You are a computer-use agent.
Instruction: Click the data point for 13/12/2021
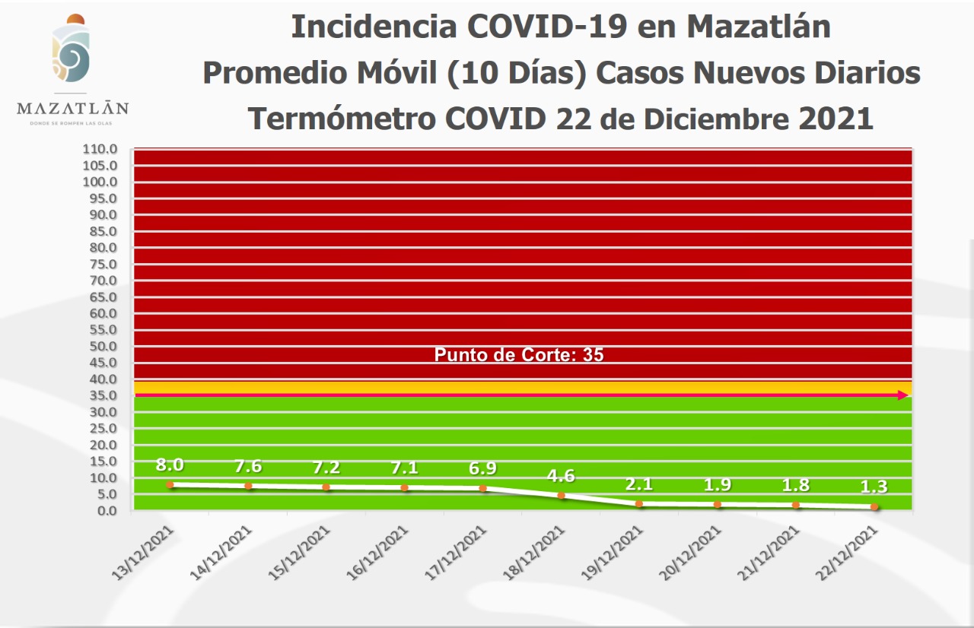(x=170, y=484)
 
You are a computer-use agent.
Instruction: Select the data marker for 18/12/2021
(x=562, y=496)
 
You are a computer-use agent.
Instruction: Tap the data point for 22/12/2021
(x=874, y=506)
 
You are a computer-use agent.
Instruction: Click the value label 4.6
(x=562, y=477)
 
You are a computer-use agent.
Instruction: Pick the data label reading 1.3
(x=874, y=487)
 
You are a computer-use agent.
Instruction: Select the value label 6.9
(x=483, y=468)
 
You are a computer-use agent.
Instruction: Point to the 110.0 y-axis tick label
(x=100, y=149)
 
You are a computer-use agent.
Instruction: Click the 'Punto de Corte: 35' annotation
(x=519, y=355)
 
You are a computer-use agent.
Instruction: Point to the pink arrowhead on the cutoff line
(x=903, y=395)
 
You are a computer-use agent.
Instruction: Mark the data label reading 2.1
(x=640, y=485)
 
